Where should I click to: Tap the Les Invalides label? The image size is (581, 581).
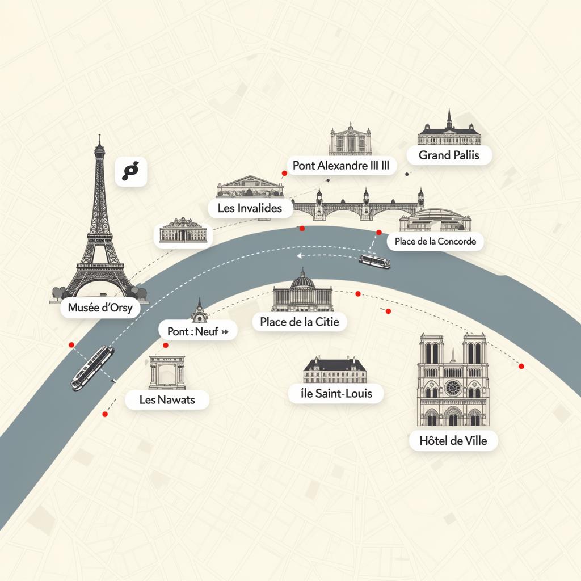(x=250, y=208)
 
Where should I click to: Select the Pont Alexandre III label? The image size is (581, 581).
(x=341, y=166)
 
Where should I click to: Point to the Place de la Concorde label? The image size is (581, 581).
(x=435, y=242)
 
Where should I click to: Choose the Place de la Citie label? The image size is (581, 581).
(x=299, y=322)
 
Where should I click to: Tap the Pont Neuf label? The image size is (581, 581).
(x=197, y=331)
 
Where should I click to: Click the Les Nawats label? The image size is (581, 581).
(x=167, y=399)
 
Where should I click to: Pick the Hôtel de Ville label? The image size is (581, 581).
(x=453, y=440)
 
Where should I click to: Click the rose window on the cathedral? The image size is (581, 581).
(x=452, y=388)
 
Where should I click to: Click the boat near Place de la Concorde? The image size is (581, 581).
(x=374, y=261)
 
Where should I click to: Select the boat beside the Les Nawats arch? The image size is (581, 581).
(x=92, y=368)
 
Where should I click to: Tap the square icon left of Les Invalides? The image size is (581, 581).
(x=131, y=171)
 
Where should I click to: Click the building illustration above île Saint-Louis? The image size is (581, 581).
(x=335, y=370)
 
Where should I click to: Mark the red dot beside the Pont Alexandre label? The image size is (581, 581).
(x=284, y=173)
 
